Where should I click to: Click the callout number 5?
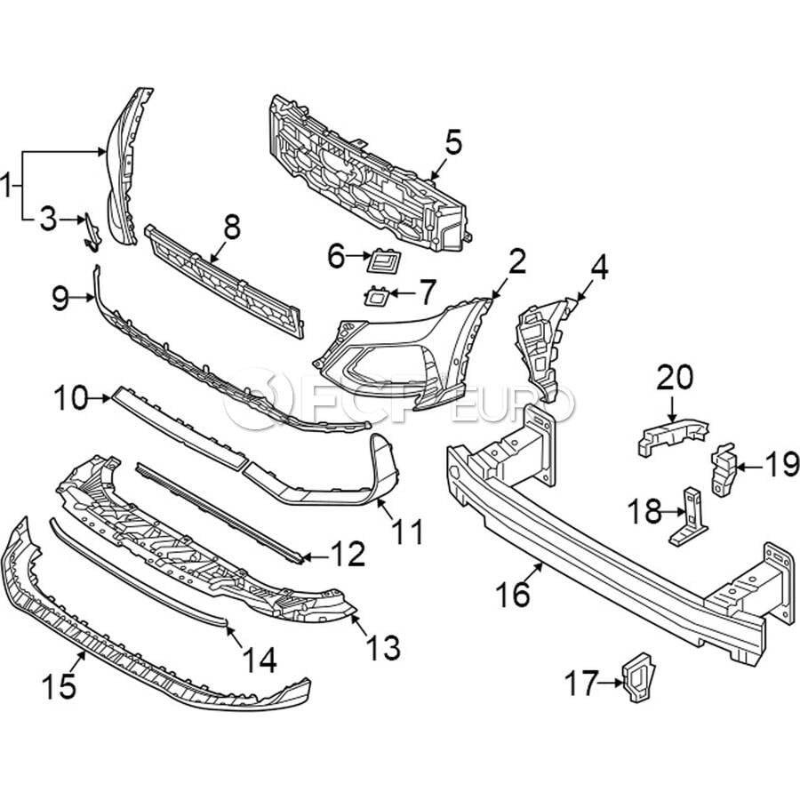click(453, 142)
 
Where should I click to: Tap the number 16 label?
click(513, 594)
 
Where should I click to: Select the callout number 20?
click(675, 377)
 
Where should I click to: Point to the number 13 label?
click(384, 647)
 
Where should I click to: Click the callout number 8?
click(232, 227)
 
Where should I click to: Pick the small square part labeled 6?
click(384, 260)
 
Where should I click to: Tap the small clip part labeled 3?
click(92, 233)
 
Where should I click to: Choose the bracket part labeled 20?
click(674, 436)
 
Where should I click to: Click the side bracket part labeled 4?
click(544, 348)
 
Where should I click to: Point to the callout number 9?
click(60, 299)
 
